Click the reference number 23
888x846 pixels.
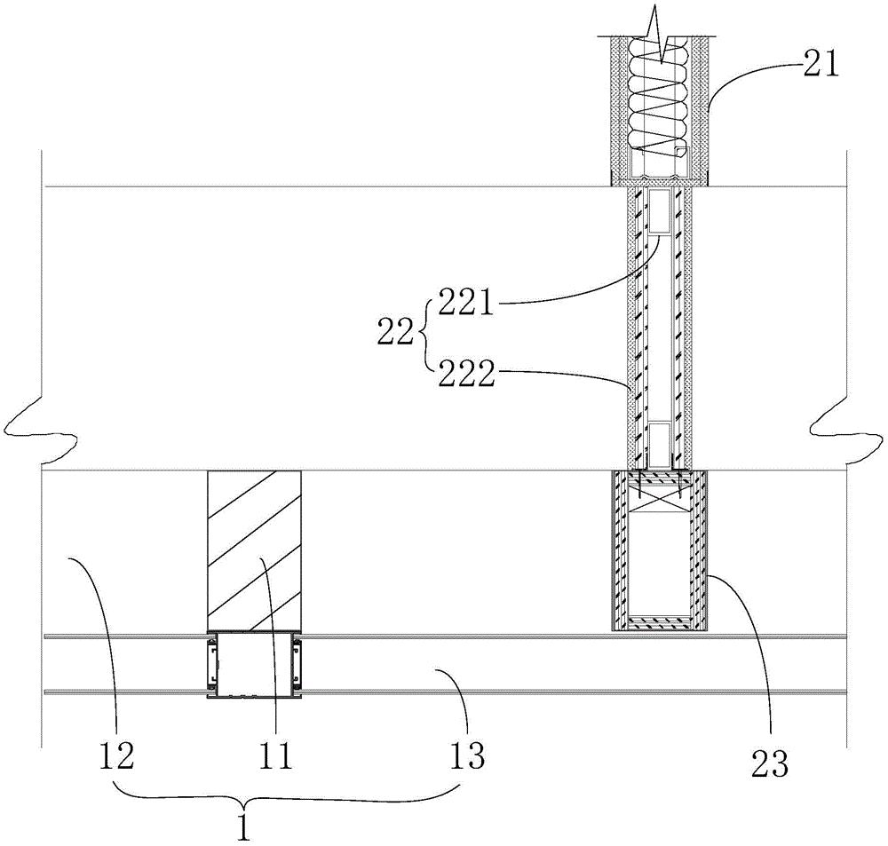(771, 765)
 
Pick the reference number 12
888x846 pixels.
(116, 757)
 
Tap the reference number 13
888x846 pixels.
(468, 757)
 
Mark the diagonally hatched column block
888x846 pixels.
(255, 550)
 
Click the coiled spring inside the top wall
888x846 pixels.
(659, 96)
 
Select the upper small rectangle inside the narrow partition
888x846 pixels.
(659, 212)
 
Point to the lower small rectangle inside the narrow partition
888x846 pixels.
(659, 442)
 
